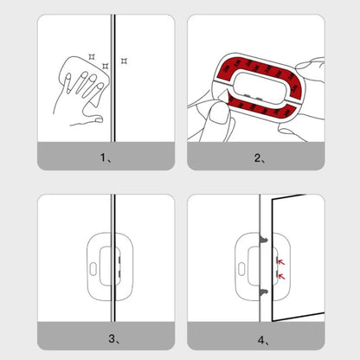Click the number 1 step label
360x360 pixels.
tap(104, 158)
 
